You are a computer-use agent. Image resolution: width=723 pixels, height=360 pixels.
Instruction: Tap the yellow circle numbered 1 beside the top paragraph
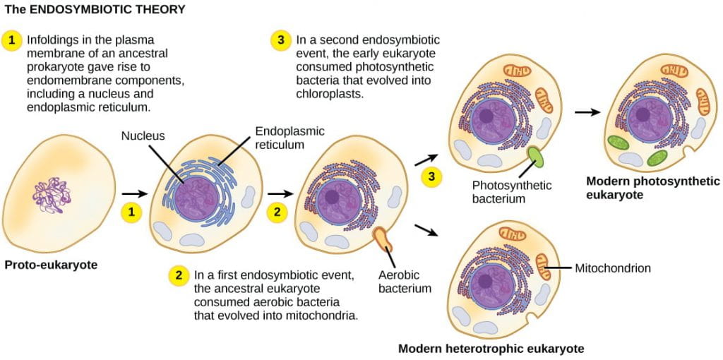tap(13, 40)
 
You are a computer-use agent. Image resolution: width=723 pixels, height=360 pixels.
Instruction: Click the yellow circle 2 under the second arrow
tap(277, 210)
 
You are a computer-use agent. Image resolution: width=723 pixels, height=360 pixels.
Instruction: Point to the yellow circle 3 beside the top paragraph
tap(281, 40)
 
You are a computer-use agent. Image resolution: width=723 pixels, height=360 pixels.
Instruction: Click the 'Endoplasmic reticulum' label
tap(279, 138)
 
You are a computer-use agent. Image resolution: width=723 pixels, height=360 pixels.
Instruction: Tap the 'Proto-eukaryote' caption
tap(51, 265)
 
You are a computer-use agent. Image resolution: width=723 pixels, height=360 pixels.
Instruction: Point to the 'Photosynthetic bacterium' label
tap(512, 192)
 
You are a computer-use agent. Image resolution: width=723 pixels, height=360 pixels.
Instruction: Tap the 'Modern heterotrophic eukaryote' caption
tap(491, 349)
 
